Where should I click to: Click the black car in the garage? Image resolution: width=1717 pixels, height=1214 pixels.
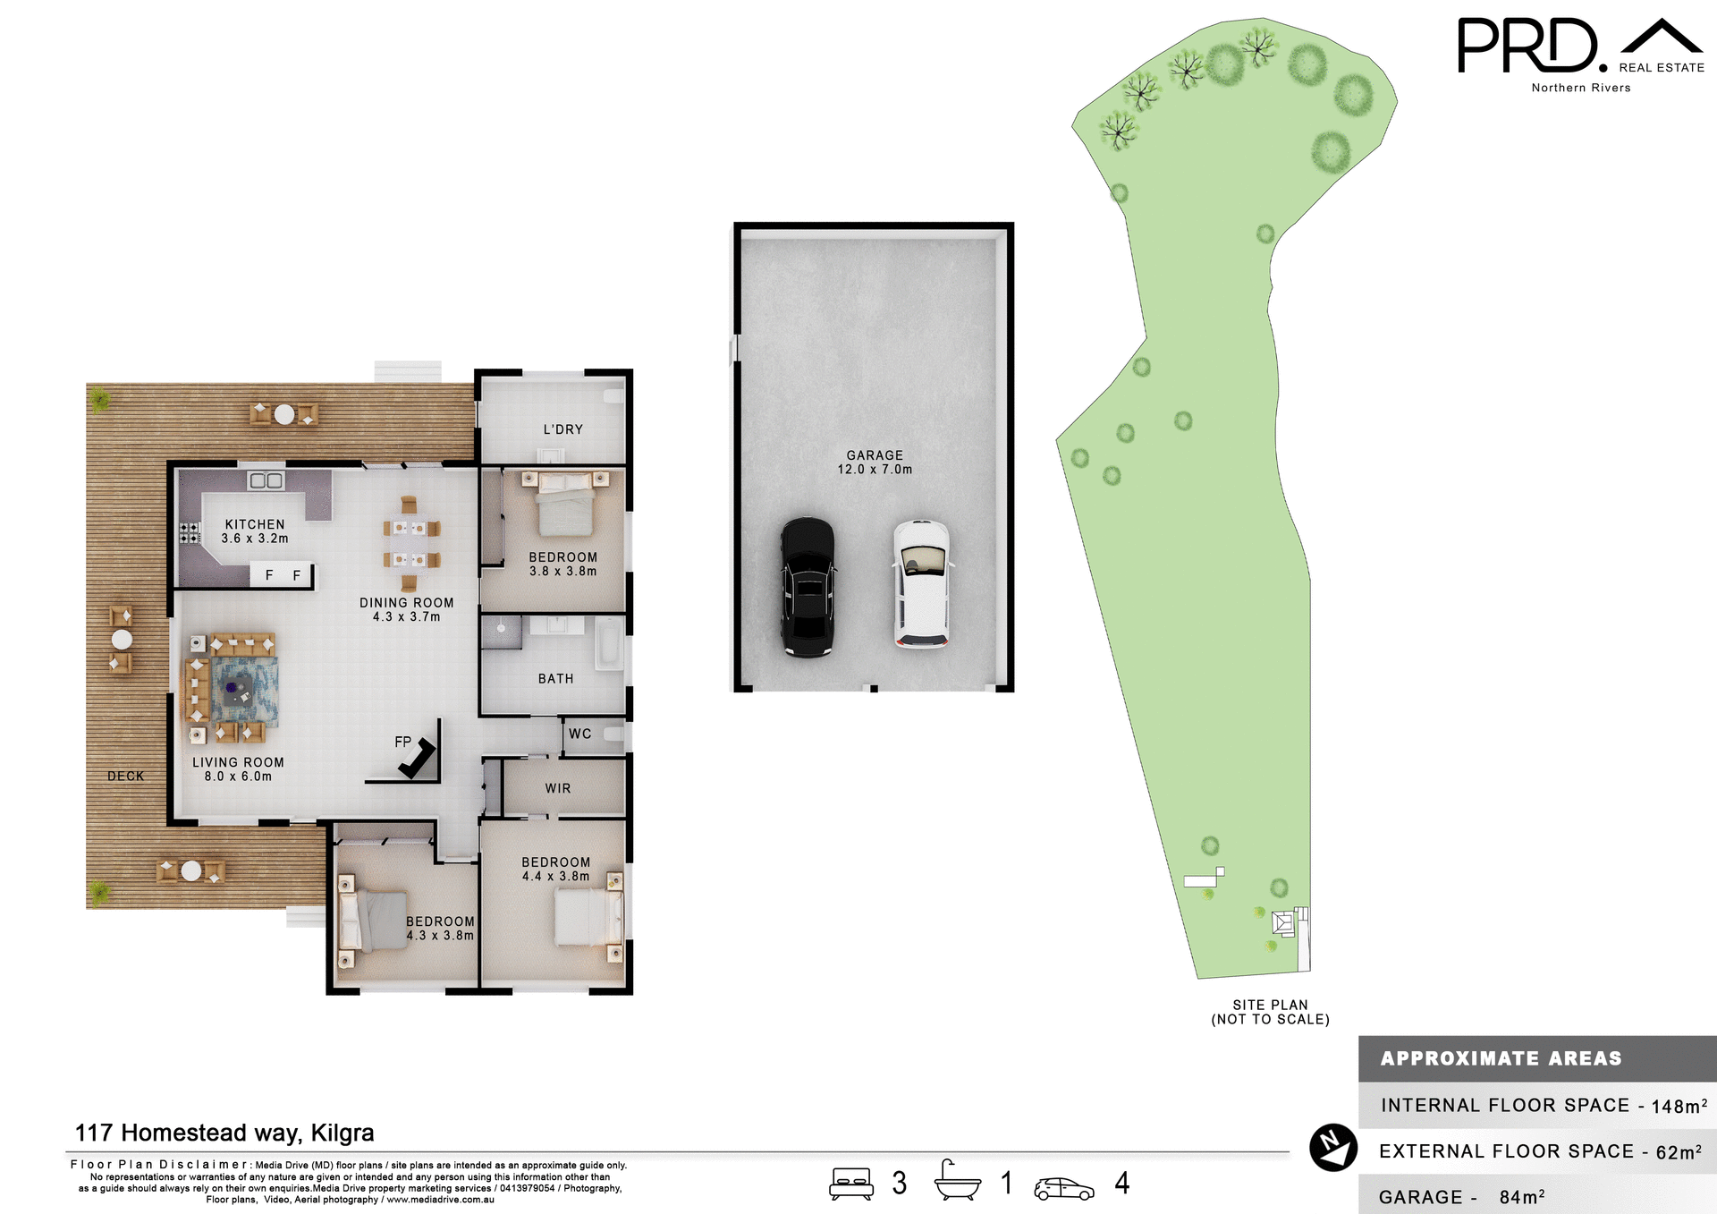point(808,588)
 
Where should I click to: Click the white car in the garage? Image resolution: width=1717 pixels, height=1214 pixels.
point(921,583)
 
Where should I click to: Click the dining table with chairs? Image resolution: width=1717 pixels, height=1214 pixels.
point(411,544)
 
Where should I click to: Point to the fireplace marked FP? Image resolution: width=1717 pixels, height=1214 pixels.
point(417,759)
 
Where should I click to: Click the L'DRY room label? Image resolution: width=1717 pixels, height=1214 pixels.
point(563,429)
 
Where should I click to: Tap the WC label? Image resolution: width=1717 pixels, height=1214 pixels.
point(579,734)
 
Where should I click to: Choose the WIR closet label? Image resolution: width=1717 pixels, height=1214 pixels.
point(558,788)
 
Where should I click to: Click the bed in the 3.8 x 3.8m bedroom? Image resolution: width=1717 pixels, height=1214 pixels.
point(564,505)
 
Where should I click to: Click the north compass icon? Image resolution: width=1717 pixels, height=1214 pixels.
point(1332,1147)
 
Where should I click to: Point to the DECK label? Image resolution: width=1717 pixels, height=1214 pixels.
point(125,776)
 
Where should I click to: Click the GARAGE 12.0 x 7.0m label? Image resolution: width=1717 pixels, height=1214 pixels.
point(875,462)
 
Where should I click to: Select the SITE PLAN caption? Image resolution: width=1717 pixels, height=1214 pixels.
point(1270,1012)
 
